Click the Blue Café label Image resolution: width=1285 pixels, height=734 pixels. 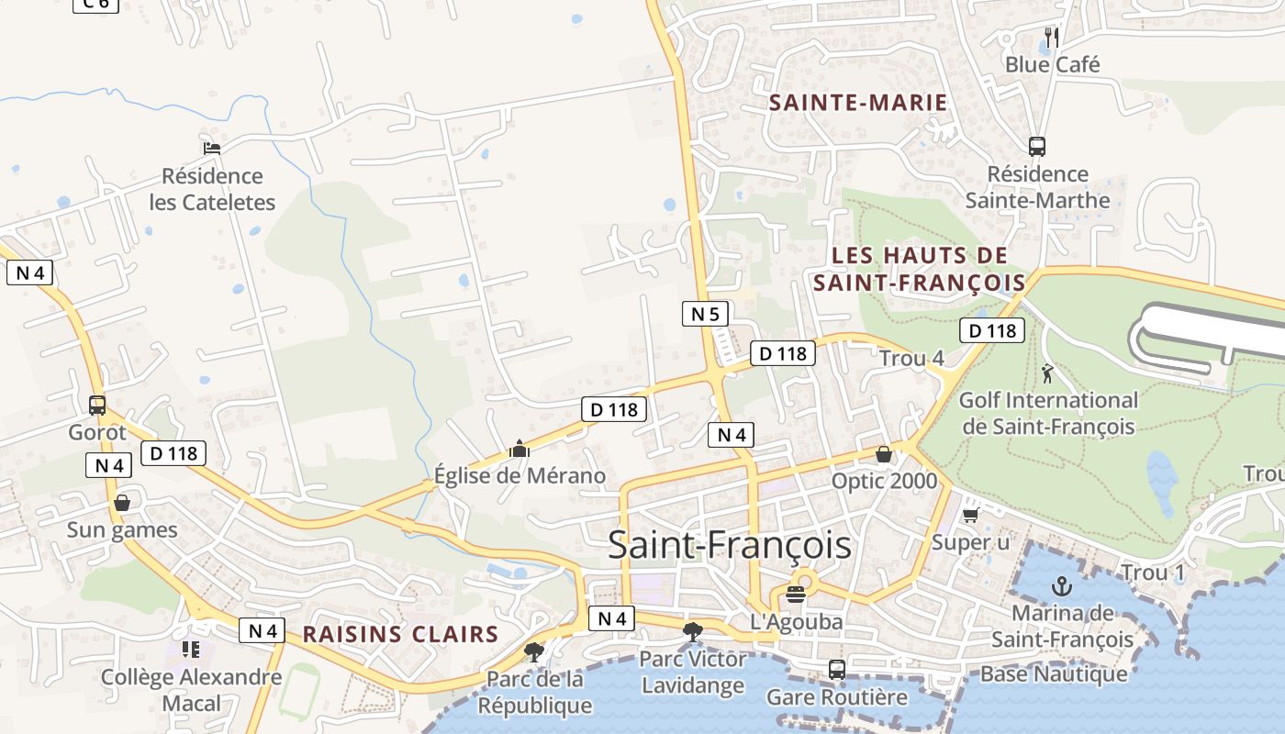click(1052, 64)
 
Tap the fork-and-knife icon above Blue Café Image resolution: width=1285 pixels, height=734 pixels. click(1052, 38)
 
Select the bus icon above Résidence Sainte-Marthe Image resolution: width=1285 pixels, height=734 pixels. click(1037, 146)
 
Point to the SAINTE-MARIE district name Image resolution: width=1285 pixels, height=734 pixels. click(858, 102)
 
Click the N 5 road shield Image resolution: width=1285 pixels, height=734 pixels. click(705, 314)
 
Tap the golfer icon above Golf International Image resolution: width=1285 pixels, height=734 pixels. click(1047, 373)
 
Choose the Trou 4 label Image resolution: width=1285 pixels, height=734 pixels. click(911, 359)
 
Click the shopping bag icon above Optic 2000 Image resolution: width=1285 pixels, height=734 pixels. click(883, 454)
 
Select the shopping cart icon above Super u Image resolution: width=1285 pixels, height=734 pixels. click(971, 515)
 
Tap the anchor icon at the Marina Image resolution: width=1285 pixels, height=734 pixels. click(1062, 585)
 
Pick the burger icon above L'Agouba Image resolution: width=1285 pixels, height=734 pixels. click(796, 594)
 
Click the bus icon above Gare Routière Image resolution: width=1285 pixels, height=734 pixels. click(836, 670)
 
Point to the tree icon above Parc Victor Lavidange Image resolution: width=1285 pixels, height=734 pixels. click(693, 631)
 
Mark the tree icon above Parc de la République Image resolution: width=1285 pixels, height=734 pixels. click(534, 651)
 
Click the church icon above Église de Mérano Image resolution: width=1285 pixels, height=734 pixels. click(520, 449)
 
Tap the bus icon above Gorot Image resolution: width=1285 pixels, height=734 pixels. click(97, 405)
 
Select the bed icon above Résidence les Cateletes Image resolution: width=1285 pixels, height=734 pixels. click(212, 148)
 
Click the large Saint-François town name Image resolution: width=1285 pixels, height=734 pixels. click(730, 545)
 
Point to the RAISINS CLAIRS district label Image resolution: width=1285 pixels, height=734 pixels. click(400, 634)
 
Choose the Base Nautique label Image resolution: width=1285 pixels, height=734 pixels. click(1054, 674)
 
